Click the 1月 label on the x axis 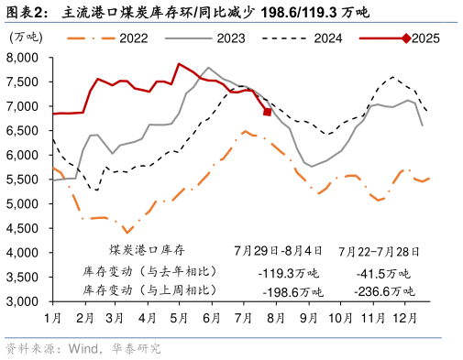pos(53,317)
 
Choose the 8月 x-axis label pos(276,317)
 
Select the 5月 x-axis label pos(181,317)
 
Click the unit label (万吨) pos(26,36)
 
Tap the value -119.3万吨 pos(289,273)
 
